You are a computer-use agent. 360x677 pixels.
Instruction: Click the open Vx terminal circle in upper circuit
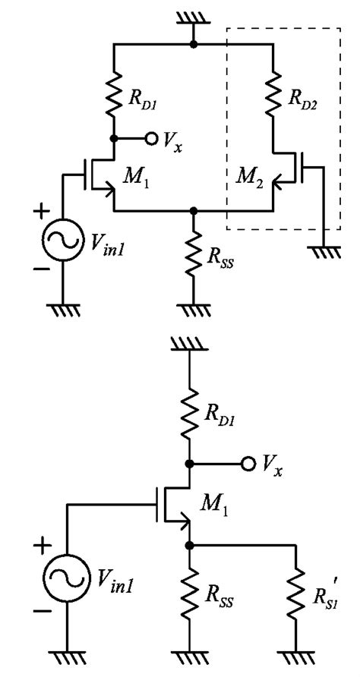(151, 139)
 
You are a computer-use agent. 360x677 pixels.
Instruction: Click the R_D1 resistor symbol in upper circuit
(114, 95)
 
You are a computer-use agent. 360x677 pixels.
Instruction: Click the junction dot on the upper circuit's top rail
(194, 46)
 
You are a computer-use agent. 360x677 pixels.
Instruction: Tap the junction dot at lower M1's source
(188, 545)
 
